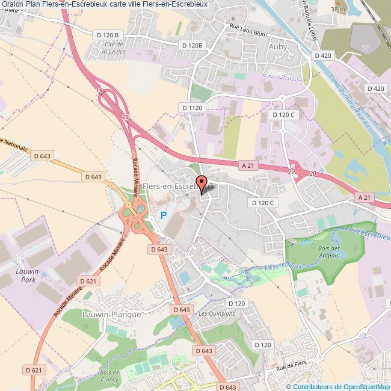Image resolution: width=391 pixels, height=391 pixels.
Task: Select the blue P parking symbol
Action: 163,215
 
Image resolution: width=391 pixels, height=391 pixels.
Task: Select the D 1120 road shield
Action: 192,107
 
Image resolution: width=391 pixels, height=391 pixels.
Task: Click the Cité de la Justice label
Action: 114,48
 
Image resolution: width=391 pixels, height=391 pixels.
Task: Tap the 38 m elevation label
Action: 338,9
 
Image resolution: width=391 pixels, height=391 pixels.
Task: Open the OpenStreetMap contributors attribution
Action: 339,386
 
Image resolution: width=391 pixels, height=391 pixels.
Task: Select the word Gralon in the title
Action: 13,4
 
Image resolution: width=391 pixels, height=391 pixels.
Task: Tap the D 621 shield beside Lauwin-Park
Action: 87,282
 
